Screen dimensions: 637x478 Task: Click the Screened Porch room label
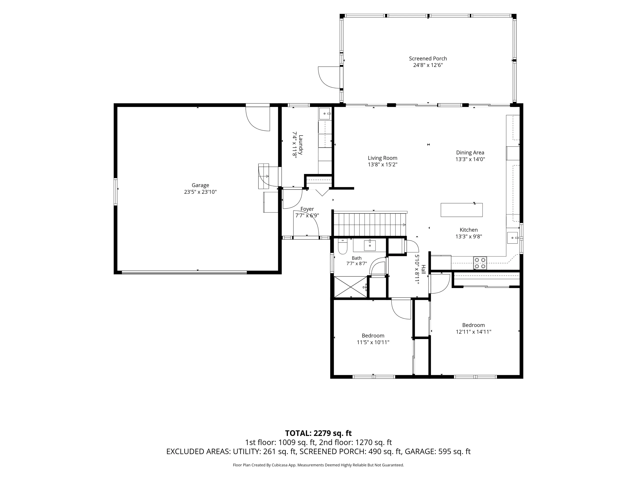428,58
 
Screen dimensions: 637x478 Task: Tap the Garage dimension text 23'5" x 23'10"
200,192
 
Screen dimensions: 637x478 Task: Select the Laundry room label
301,145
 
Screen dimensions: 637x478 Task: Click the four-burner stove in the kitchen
480,263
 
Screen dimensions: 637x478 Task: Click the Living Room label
382,158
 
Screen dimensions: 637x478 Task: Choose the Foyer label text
307,209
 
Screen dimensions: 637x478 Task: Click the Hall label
423,269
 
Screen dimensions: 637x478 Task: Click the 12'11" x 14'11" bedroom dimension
474,332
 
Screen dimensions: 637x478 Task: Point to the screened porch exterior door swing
329,77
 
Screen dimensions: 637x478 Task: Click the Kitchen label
469,230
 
